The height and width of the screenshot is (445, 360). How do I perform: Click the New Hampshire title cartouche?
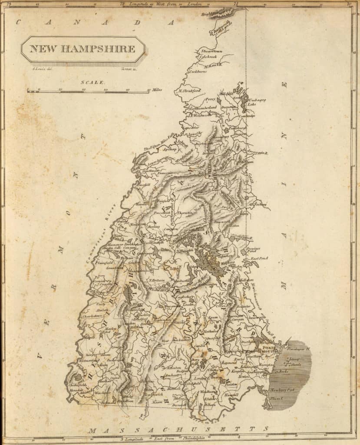83,49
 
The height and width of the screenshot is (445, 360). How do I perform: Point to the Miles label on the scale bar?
157,90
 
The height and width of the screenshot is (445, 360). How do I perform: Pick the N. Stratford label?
190,91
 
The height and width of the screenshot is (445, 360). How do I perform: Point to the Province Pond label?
253,250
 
